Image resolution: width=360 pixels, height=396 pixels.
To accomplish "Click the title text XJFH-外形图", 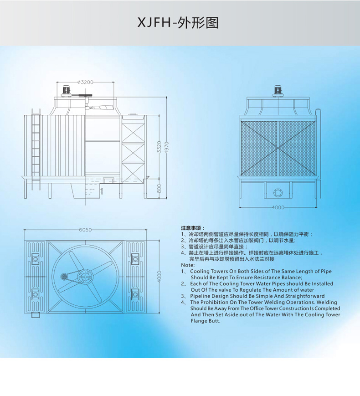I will [178, 23].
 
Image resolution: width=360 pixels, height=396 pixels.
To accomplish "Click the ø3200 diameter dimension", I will [86, 82].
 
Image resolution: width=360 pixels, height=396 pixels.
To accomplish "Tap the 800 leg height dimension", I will [159, 189].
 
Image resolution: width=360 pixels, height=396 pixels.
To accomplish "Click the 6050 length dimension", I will [85, 230].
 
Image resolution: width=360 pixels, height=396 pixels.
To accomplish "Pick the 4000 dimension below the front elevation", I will [278, 207].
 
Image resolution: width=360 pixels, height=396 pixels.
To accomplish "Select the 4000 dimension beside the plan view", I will [159, 276].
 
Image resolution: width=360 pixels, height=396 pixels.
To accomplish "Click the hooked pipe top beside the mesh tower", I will [318, 111].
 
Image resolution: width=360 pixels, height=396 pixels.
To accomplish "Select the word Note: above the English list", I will [187, 265].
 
